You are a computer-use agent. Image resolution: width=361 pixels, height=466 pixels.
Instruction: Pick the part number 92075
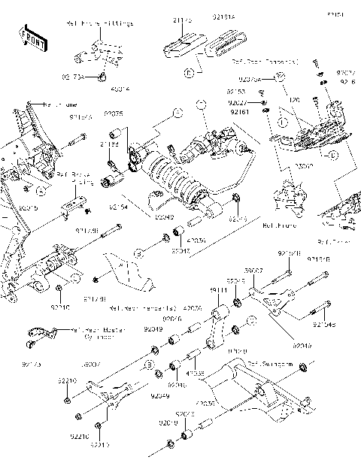114,113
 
